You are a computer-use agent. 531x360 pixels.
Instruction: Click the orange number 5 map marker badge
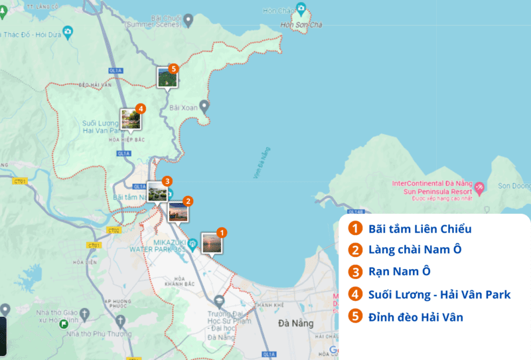coord(173,68)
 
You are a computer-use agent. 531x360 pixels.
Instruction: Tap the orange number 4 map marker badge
coord(140,108)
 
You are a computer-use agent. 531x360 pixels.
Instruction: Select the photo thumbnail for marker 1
coord(211,243)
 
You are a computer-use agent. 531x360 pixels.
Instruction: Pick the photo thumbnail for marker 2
coord(178,211)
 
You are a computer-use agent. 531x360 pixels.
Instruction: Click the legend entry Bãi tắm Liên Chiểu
coord(419,229)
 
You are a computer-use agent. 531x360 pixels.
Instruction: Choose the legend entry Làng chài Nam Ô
coord(414,250)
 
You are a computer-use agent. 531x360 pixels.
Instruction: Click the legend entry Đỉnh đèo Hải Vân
coord(416,317)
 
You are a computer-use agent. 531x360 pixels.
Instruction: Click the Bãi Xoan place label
coord(184,107)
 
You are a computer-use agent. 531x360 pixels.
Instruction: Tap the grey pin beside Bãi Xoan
coord(204,105)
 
